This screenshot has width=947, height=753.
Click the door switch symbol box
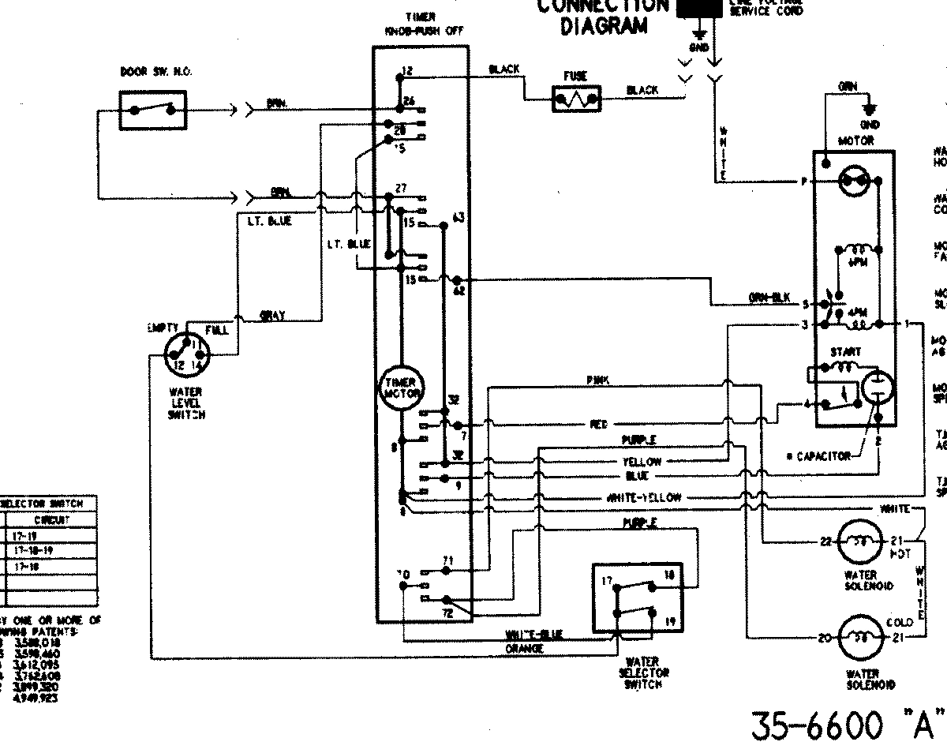tap(154, 110)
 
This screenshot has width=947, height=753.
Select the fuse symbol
tap(576, 99)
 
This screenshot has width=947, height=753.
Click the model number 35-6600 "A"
tap(848, 725)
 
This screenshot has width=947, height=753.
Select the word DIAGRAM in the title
tap(604, 28)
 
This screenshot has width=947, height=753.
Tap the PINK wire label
tap(597, 380)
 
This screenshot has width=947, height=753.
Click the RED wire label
tap(600, 424)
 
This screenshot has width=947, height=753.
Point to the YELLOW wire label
tap(642, 462)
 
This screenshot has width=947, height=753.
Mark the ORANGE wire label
tap(524, 649)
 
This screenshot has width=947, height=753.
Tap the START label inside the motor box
tap(845, 351)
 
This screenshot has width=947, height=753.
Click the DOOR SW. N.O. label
tap(155, 72)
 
